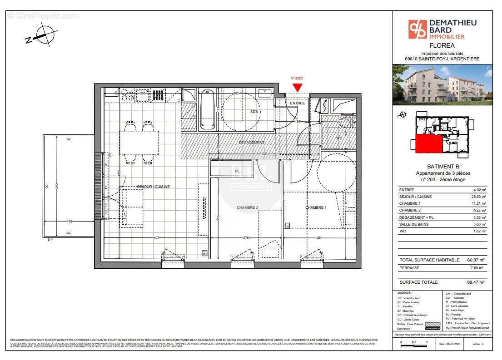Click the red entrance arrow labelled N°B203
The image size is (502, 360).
point(297,87)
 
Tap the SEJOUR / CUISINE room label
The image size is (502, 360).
point(154,187)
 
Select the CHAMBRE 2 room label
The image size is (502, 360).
point(247,207)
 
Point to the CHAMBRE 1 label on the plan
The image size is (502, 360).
point(316,207)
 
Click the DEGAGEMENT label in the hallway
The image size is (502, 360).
point(251,143)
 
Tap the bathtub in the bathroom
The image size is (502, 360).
point(207,109)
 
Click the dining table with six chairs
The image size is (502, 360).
point(139,142)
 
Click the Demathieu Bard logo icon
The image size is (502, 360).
point(416,29)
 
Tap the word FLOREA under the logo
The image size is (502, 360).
point(442,45)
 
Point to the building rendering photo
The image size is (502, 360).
point(442,85)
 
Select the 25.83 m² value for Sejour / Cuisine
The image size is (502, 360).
point(477,197)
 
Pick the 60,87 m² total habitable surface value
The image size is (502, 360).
point(476,260)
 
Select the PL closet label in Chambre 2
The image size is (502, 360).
point(237,171)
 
